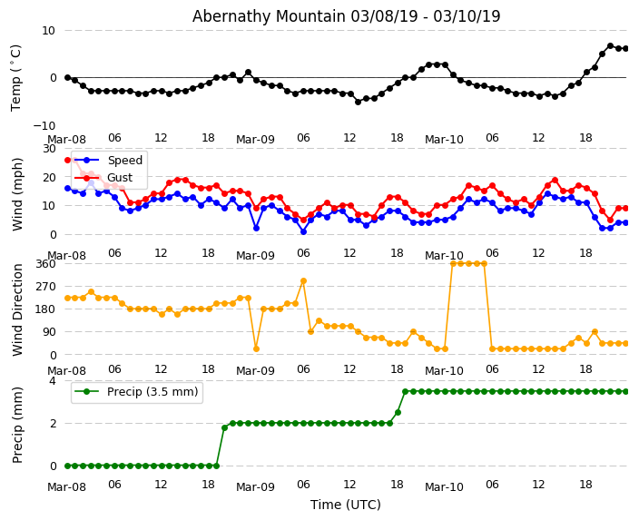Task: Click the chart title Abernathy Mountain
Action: click(x=346, y=16)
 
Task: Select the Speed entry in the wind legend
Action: click(x=124, y=160)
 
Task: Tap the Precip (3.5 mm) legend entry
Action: click(x=148, y=392)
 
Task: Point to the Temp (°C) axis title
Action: click(x=16, y=77)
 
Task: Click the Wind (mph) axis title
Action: click(x=17, y=193)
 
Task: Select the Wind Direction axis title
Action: click(x=17, y=309)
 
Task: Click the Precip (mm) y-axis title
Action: click(x=17, y=424)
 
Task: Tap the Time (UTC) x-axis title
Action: click(x=346, y=505)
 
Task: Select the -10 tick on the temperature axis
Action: click(x=42, y=125)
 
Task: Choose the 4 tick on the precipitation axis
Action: click(x=52, y=381)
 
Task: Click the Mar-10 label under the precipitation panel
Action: click(x=444, y=487)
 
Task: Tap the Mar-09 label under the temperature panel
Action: click(x=255, y=140)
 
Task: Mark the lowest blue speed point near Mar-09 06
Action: click(x=303, y=231)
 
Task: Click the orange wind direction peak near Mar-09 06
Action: click(x=303, y=281)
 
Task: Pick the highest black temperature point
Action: click(x=610, y=45)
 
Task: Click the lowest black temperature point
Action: click(x=358, y=102)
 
